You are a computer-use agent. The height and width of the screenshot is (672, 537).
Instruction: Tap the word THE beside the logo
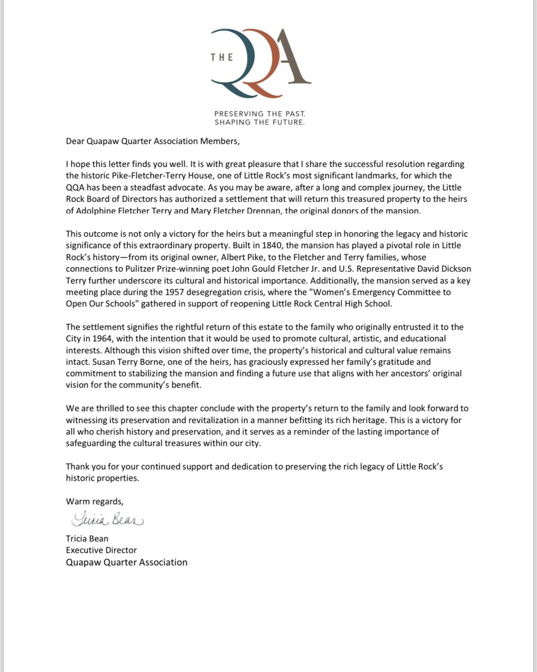coord(221,57)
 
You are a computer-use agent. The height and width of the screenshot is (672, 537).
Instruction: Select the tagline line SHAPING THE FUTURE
coord(259,122)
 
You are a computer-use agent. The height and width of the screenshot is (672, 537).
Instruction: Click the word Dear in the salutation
coord(76,142)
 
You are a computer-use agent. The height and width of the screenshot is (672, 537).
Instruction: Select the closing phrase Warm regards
coord(95,502)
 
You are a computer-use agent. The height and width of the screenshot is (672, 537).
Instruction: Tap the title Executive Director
coord(101,551)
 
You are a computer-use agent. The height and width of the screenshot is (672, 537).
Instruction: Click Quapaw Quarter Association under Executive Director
coord(127,562)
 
